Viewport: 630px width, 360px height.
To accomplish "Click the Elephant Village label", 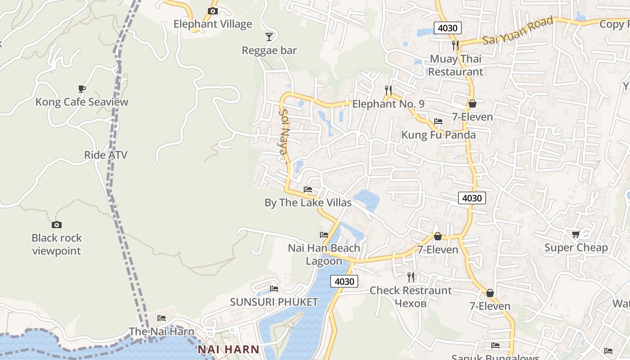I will (212, 24).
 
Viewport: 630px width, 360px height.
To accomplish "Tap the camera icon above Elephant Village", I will (212, 11).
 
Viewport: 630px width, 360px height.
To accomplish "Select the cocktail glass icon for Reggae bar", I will (269, 36).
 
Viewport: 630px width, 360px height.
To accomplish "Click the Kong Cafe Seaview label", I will (82, 102).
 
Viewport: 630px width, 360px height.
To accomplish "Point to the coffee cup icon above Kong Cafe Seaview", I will (81, 89).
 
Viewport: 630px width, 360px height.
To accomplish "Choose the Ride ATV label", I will (106, 155).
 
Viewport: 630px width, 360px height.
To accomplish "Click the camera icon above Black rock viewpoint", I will (57, 225).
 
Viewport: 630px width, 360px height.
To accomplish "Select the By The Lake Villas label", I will (308, 202).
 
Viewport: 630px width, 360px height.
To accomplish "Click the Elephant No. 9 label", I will (388, 104).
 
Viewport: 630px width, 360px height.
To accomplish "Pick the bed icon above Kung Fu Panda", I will (438, 121).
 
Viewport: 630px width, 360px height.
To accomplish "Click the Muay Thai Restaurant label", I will (455, 65).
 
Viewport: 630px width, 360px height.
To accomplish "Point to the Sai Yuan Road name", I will (517, 31).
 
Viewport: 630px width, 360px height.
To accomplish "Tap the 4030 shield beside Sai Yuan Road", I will (447, 28).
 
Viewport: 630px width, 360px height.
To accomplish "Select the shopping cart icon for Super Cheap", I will (576, 234).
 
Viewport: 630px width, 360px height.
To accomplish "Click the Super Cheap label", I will (576, 247).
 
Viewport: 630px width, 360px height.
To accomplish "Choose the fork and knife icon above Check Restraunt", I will (410, 277).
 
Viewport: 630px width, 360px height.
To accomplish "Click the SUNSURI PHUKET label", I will (274, 302).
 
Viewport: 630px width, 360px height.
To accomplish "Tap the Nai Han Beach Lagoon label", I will (324, 254).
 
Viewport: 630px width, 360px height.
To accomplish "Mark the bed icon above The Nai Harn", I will (162, 318).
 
